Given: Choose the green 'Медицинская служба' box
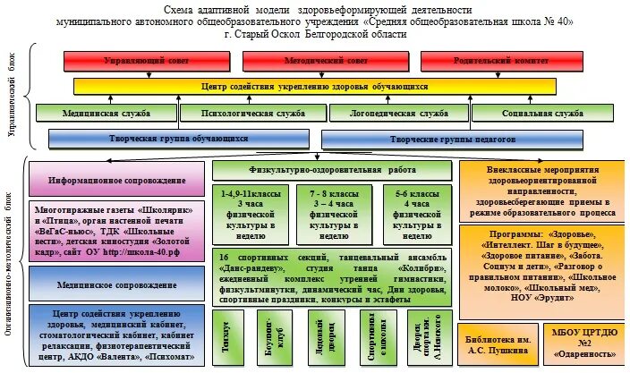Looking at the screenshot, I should coord(106,114).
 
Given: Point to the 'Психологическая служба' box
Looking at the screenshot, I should coord(253,114).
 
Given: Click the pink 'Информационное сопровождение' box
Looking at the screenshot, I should coord(116,179).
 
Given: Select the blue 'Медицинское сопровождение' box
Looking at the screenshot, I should coord(116,284).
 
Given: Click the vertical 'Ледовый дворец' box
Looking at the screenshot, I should coord(322,335).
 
